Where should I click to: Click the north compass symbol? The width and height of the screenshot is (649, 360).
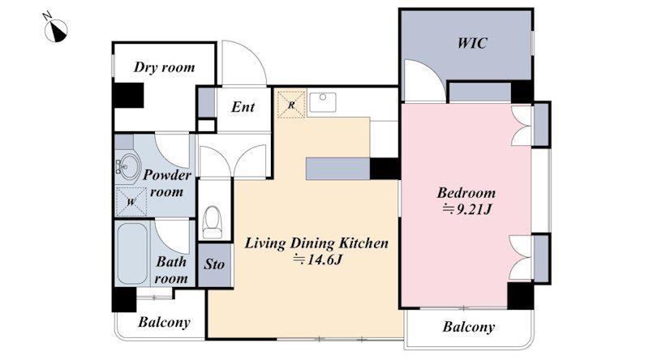[x=55, y=30]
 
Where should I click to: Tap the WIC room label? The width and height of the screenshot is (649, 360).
[x=472, y=43]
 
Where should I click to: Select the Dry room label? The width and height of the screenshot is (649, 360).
[x=164, y=67]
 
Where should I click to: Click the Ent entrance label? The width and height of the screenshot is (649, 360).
[x=243, y=107]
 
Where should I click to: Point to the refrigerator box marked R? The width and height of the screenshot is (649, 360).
[x=291, y=105]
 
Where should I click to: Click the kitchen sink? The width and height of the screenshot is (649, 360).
[x=323, y=102]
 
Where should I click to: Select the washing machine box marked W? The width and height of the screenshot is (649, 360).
[x=131, y=203]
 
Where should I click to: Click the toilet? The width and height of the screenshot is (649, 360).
[x=213, y=222]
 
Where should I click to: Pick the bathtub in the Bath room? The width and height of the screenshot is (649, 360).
[x=132, y=254]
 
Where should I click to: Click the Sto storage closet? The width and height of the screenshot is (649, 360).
[x=214, y=265]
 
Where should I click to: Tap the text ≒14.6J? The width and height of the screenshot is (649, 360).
[x=317, y=259]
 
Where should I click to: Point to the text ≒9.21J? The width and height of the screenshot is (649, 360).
[x=466, y=210]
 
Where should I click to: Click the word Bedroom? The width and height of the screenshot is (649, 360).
[x=466, y=193]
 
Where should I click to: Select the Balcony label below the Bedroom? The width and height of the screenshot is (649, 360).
[x=468, y=327]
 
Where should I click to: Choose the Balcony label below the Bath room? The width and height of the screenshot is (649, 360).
[x=164, y=323]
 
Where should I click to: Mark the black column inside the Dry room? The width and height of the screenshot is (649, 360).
[x=128, y=95]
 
